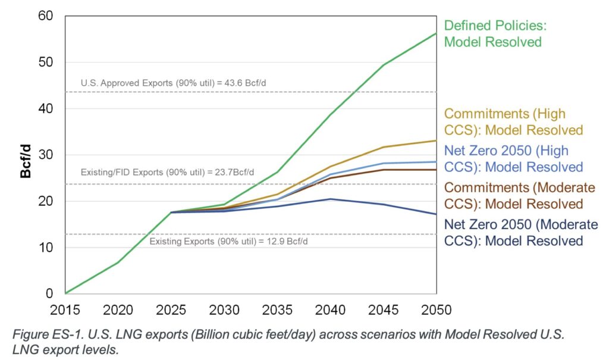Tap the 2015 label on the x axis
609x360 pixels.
(66, 310)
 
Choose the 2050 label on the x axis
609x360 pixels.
(436, 310)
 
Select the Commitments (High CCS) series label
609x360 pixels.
(513, 121)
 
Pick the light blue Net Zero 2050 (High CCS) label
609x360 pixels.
(513, 158)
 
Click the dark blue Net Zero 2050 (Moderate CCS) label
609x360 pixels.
(521, 232)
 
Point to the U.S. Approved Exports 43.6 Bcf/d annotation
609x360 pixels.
(173, 83)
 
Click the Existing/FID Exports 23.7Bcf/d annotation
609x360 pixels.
(168, 173)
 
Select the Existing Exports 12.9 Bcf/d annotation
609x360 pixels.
(228, 242)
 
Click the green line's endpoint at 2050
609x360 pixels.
(436, 33)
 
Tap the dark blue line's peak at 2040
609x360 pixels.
(331, 199)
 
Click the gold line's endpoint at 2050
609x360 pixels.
(436, 141)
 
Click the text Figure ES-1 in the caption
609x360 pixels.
(41, 334)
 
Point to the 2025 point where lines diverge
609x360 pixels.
(171, 212)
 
